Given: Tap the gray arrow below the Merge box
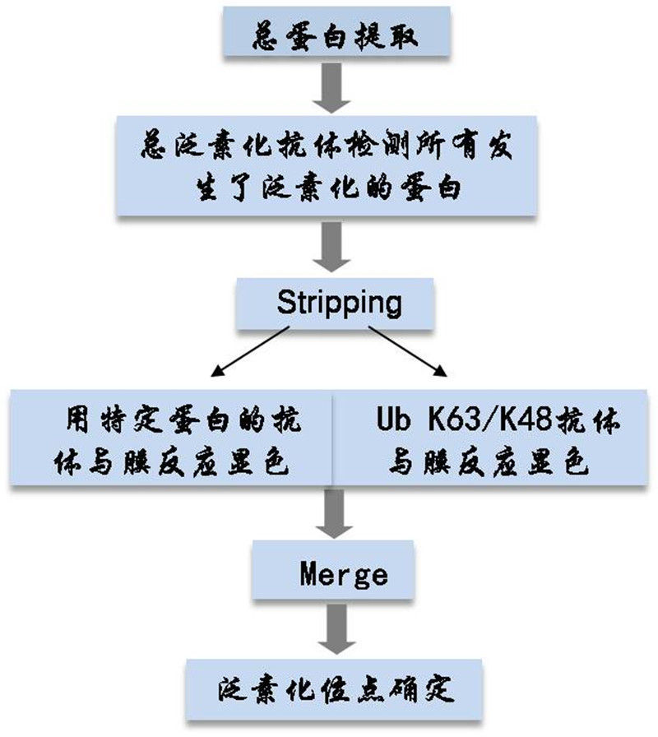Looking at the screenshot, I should point(333,630).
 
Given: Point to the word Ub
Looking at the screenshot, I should point(392,422).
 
